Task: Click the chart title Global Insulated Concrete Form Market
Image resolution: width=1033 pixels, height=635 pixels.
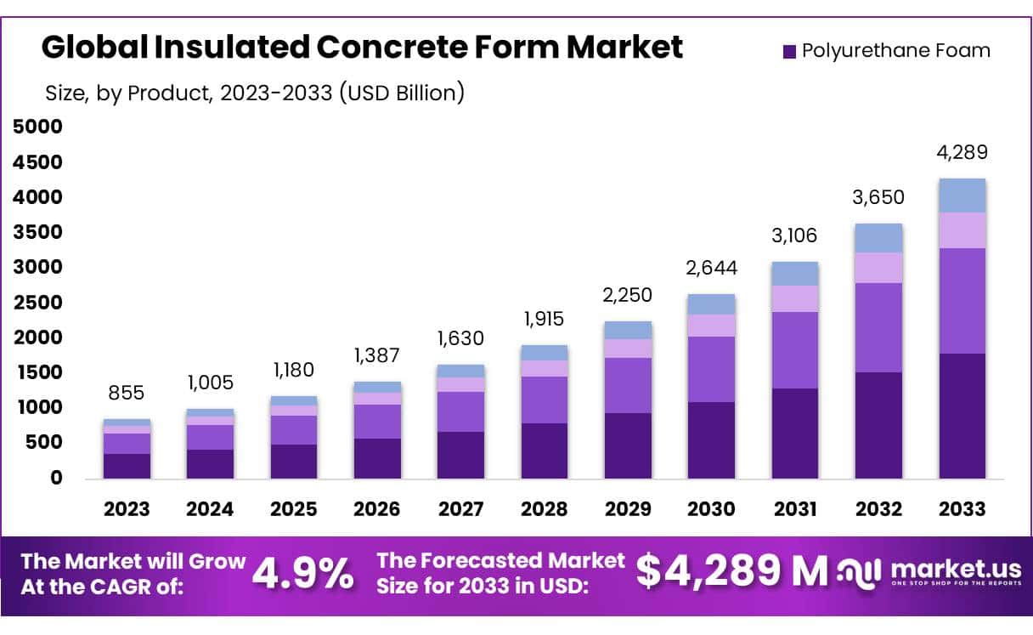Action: point(362,48)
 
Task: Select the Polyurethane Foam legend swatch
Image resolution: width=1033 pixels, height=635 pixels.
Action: point(789,51)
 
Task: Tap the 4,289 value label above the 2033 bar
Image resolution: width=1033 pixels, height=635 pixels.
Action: point(962,154)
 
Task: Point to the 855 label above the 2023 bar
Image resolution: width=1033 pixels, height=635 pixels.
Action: point(127,393)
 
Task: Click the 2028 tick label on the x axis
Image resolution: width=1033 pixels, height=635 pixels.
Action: point(544,509)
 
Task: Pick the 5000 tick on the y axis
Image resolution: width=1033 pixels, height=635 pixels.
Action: point(38,128)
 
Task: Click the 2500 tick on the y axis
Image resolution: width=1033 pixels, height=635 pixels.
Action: point(38,303)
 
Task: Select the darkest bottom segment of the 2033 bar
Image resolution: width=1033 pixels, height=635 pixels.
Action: point(962,416)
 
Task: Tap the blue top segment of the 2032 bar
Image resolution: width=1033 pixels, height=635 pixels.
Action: point(878,238)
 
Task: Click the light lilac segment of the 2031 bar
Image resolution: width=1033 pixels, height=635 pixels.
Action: point(795,298)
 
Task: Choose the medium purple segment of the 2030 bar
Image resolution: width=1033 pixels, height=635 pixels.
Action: point(711,369)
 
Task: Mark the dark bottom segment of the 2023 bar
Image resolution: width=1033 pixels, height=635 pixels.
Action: point(127,466)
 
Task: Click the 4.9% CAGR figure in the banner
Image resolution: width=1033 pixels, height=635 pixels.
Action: point(302,574)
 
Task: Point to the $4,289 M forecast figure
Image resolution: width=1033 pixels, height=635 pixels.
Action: point(731,572)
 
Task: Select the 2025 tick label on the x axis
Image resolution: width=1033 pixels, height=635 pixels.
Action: point(294,509)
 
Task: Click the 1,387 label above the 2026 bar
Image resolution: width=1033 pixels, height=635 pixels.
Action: point(377,354)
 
